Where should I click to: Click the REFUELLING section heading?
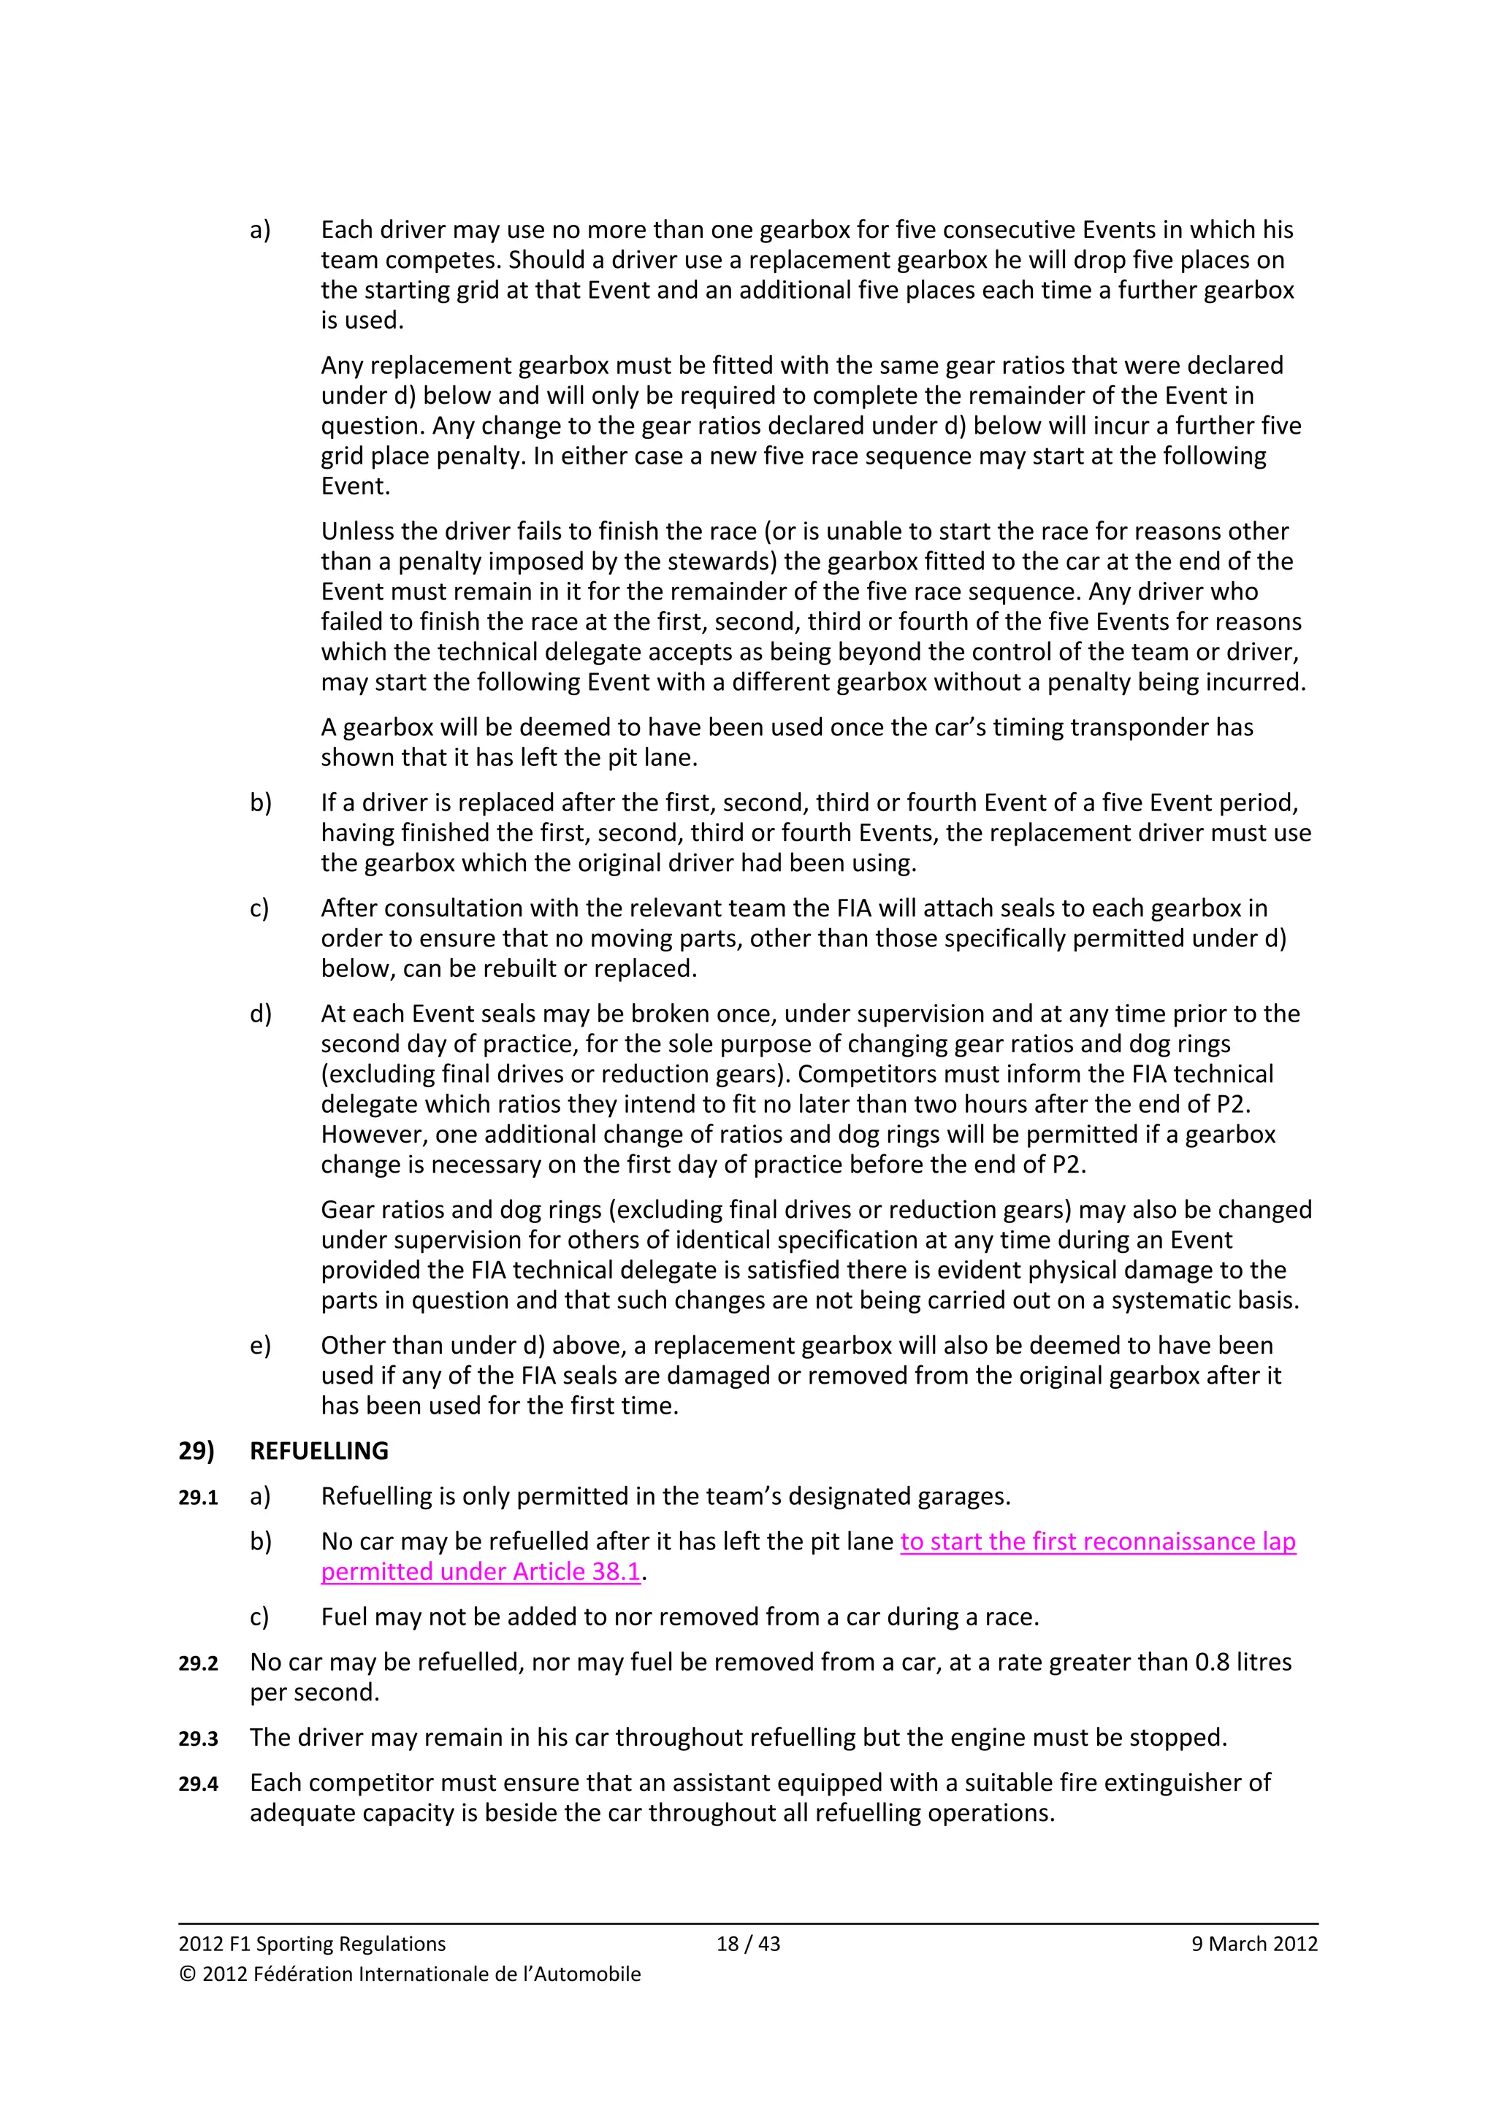[x=319, y=1451]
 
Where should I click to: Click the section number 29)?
[x=196, y=1451]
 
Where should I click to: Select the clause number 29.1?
[x=198, y=1498]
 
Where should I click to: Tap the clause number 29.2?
[x=198, y=1663]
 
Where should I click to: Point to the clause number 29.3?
[x=198, y=1739]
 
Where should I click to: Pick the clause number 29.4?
[x=198, y=1785]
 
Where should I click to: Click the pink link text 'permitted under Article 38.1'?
[x=480, y=1572]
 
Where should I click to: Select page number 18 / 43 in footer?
[x=747, y=1944]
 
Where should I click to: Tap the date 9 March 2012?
[x=1253, y=1944]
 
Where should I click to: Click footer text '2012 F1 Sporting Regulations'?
[x=312, y=1944]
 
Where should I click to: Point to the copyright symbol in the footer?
[x=187, y=1974]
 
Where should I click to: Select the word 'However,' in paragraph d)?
[x=374, y=1135]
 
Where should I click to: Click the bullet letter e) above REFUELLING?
[x=260, y=1346]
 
